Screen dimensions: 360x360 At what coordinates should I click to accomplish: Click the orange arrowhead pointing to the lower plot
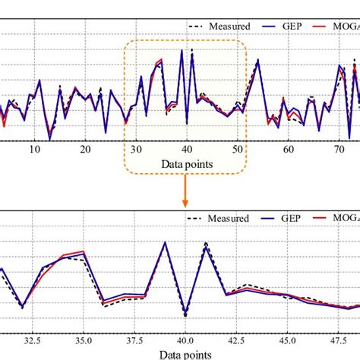click(x=185, y=202)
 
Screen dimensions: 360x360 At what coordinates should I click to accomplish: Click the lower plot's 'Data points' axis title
click(x=185, y=354)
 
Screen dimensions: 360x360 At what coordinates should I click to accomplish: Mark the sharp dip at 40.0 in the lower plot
click(x=185, y=314)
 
